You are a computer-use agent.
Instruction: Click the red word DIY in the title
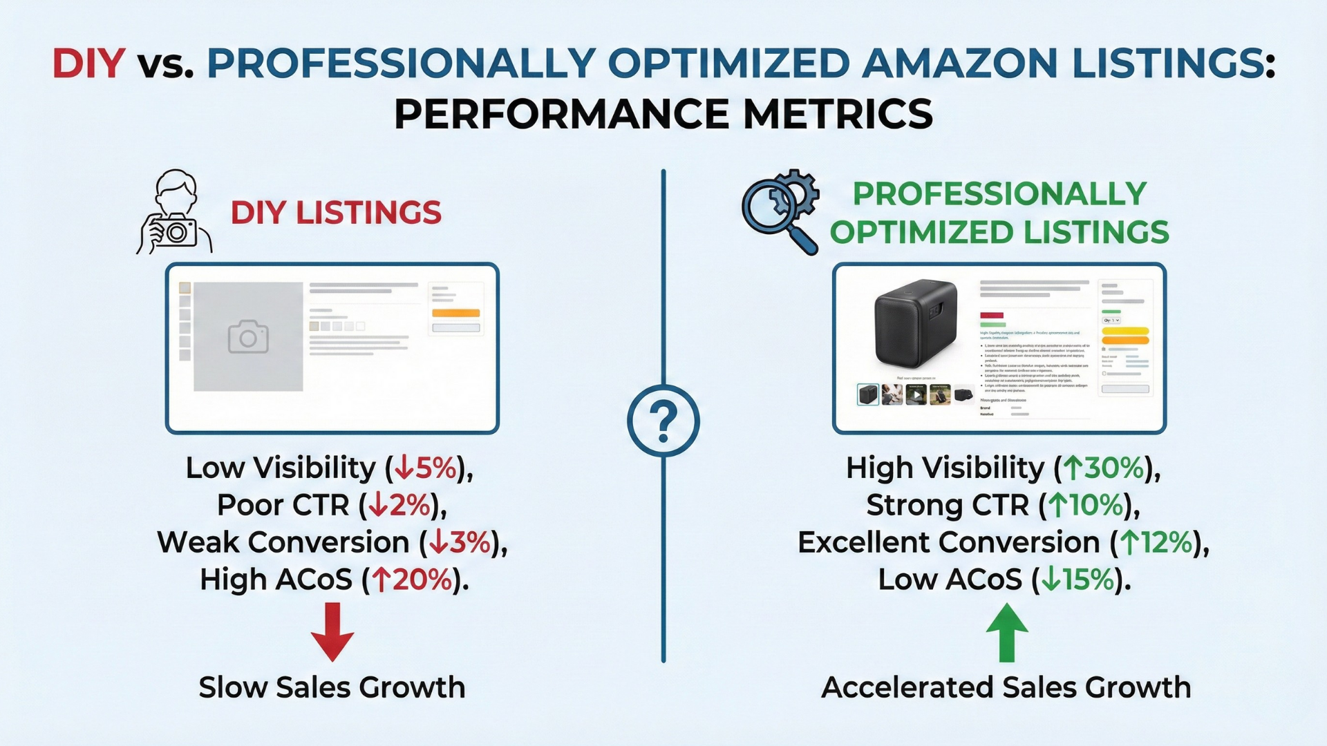click(88, 64)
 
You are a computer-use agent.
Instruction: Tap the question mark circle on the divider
click(663, 421)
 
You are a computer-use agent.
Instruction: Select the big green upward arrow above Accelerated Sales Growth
click(1006, 632)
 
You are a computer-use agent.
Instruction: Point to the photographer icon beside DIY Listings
click(174, 213)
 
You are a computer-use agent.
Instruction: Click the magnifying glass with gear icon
click(781, 211)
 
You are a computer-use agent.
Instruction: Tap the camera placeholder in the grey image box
click(248, 336)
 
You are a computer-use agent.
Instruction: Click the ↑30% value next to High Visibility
click(1104, 468)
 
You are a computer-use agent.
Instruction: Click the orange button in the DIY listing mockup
click(455, 313)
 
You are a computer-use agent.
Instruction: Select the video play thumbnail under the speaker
click(916, 395)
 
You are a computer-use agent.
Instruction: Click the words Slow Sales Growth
click(332, 687)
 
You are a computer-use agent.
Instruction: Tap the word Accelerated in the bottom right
click(907, 687)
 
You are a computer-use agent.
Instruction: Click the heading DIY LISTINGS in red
click(336, 213)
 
